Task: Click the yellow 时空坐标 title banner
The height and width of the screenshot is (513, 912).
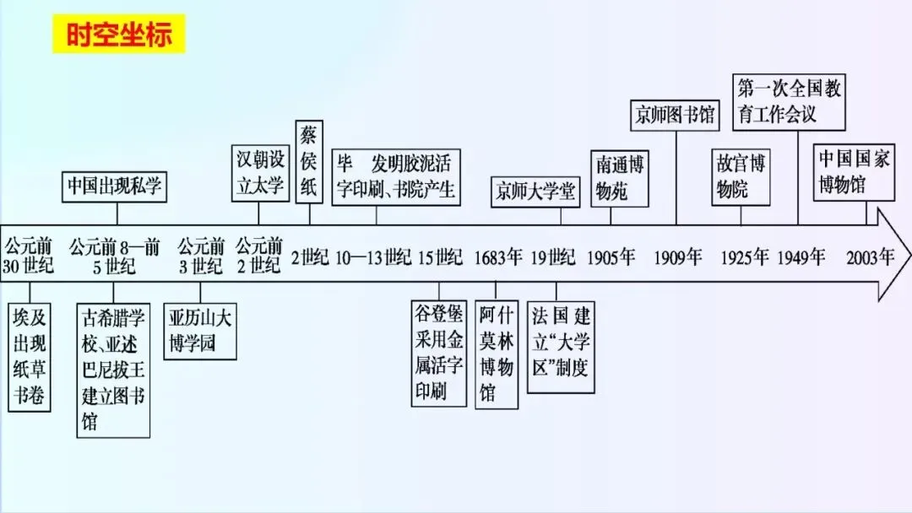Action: point(118,35)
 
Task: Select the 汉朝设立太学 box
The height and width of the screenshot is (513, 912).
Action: point(260,174)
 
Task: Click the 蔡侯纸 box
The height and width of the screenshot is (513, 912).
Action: point(309,160)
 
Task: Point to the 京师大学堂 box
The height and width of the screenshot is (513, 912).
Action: point(535,192)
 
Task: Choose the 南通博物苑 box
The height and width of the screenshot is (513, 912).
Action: point(621,178)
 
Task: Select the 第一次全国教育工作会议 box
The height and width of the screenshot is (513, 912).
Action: point(789,100)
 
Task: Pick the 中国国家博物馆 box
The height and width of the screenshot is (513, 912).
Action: point(853,172)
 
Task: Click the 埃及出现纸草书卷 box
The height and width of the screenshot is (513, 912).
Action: point(29,358)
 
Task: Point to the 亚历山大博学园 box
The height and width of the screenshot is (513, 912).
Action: point(199,331)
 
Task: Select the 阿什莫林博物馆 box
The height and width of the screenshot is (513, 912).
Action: point(497,354)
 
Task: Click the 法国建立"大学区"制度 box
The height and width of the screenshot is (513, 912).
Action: point(560,347)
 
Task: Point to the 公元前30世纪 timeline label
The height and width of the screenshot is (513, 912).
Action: point(29,256)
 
